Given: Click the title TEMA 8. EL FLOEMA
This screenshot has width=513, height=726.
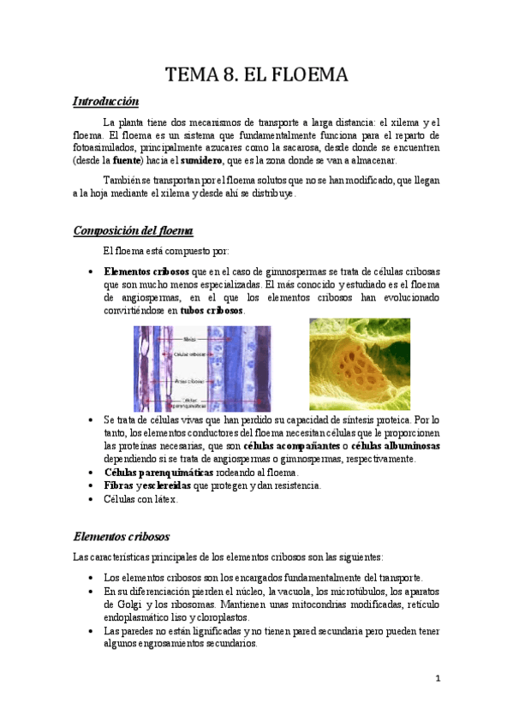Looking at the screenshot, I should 256,75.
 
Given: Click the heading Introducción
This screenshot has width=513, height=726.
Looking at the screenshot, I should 105,102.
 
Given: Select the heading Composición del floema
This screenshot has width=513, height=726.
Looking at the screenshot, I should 133,230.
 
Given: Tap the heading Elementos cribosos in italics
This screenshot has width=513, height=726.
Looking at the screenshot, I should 121,537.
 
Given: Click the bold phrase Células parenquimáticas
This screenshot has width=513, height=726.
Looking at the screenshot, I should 155,472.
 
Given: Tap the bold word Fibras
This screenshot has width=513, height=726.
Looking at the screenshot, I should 118,485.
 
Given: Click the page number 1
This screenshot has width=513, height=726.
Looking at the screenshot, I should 437,678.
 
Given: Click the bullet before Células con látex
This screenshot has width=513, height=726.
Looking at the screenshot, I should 92,499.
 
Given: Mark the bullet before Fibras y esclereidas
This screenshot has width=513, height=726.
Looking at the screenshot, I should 92,485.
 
